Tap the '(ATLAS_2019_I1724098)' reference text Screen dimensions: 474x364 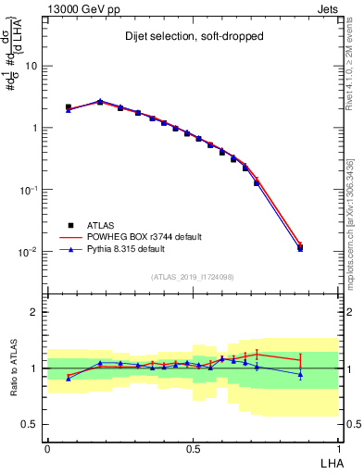(192, 277)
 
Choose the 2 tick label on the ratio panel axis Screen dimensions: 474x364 (36, 312)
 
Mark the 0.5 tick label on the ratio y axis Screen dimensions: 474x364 (31, 424)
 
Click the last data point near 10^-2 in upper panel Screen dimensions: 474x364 (300, 248)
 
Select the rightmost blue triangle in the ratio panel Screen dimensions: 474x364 (300, 374)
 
